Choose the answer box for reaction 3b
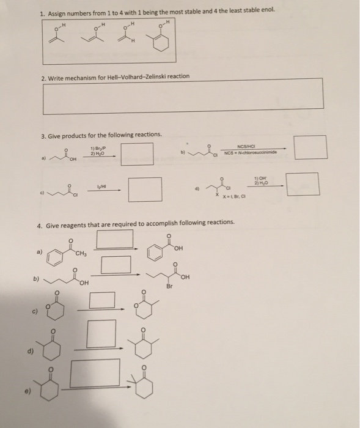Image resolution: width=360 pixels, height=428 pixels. [310, 147]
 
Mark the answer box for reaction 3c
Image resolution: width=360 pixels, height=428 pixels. [145, 189]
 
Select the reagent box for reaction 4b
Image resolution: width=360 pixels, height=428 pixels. [116, 265]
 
